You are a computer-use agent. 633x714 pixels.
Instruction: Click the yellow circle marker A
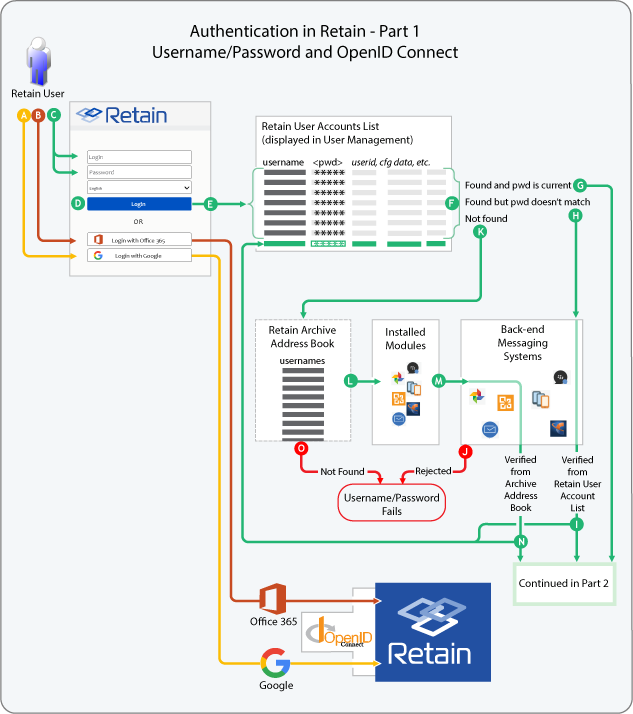pyautogui.click(x=24, y=115)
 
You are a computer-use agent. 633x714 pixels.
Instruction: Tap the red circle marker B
pyautogui.click(x=38, y=115)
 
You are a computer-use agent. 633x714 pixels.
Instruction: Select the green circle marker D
pyautogui.click(x=77, y=203)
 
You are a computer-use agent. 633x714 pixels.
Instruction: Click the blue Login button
pyautogui.click(x=139, y=204)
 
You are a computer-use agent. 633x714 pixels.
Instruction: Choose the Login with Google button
pyautogui.click(x=139, y=256)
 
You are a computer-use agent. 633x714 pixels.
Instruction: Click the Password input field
pyautogui.click(x=139, y=172)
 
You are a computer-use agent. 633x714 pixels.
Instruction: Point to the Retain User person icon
pyautogui.click(x=39, y=62)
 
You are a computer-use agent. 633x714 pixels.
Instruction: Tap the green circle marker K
pyautogui.click(x=480, y=231)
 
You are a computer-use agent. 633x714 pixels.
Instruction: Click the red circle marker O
pyautogui.click(x=300, y=450)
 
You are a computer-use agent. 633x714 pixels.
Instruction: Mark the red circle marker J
pyautogui.click(x=463, y=450)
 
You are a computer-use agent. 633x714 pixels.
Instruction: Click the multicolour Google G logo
pyautogui.click(x=275, y=663)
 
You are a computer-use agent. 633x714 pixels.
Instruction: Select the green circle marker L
pyautogui.click(x=350, y=380)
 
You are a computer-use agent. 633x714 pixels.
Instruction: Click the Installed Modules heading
pyautogui.click(x=405, y=339)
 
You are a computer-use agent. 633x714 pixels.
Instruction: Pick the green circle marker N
pyautogui.click(x=520, y=541)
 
